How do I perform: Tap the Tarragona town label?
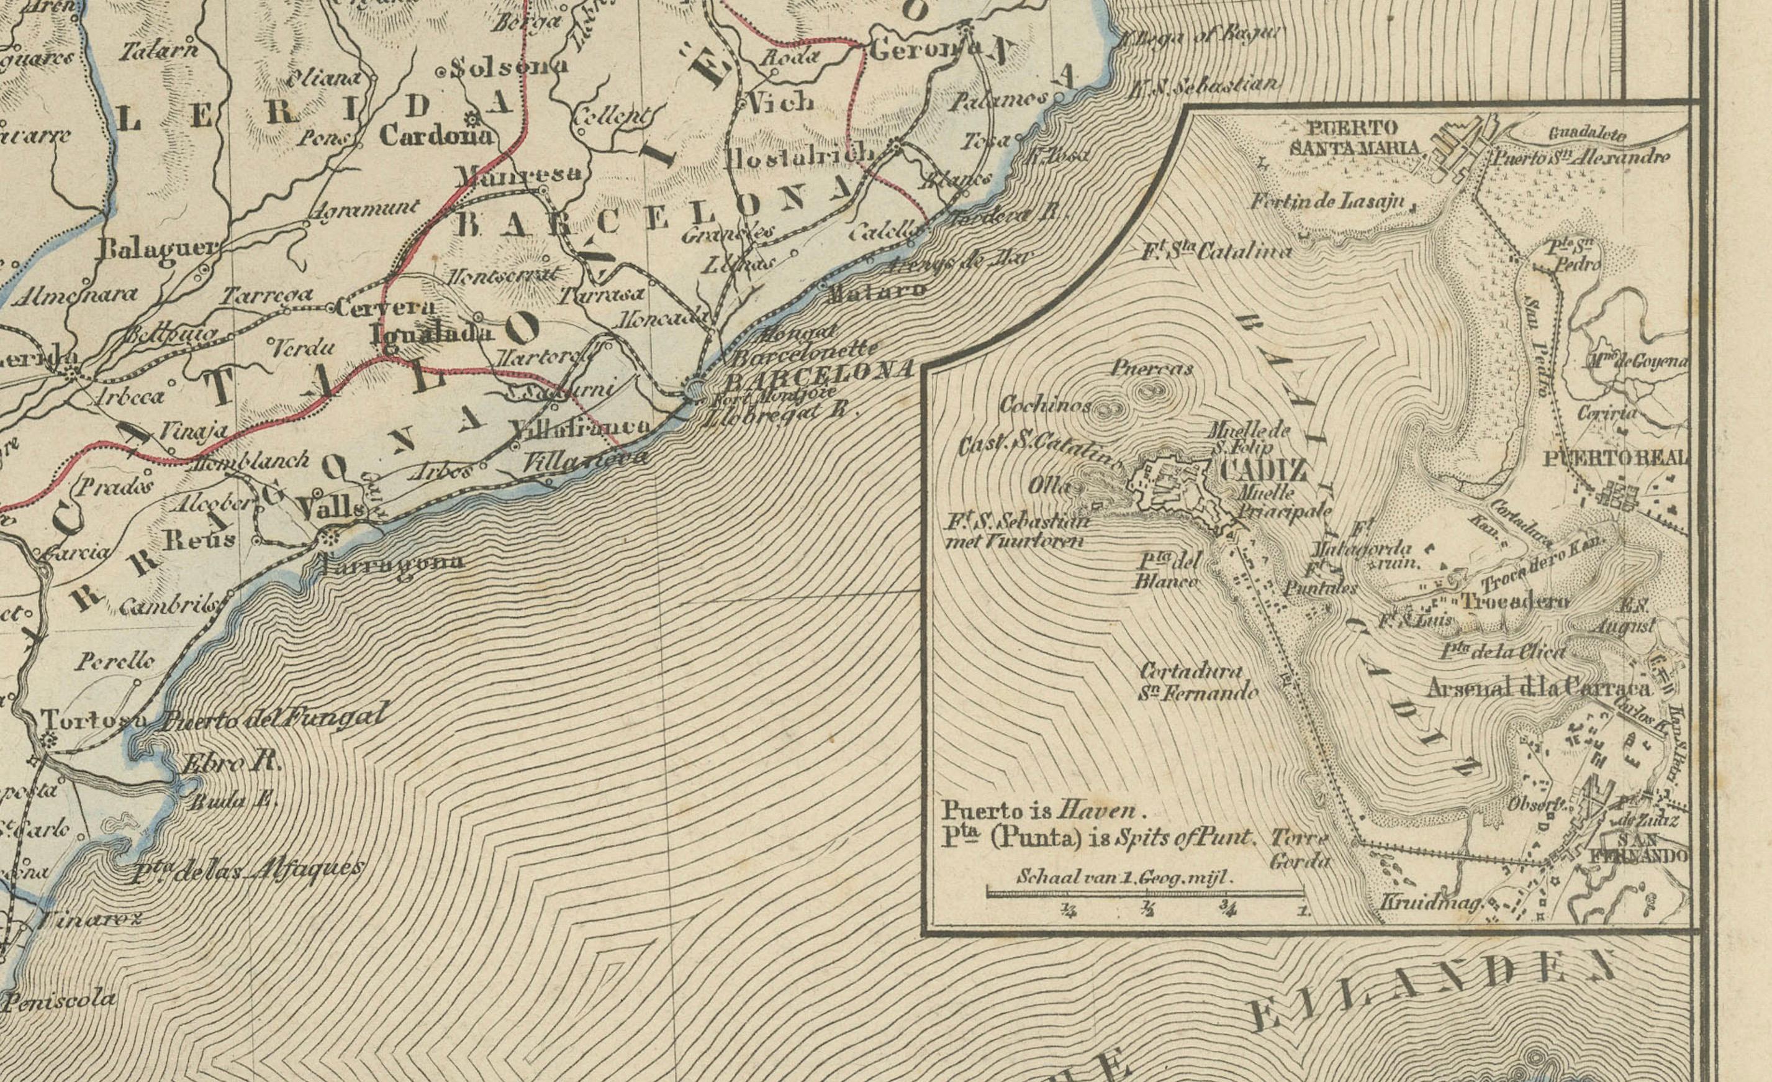(392, 563)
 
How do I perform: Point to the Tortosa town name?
(94, 719)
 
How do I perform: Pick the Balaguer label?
(158, 249)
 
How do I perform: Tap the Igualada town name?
(432, 333)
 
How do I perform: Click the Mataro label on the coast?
(877, 291)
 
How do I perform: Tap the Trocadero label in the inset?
(1517, 601)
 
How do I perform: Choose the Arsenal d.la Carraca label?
(1539, 688)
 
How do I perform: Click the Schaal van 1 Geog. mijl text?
(1125, 877)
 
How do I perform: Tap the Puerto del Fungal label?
(273, 718)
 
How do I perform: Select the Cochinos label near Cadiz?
(1045, 404)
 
